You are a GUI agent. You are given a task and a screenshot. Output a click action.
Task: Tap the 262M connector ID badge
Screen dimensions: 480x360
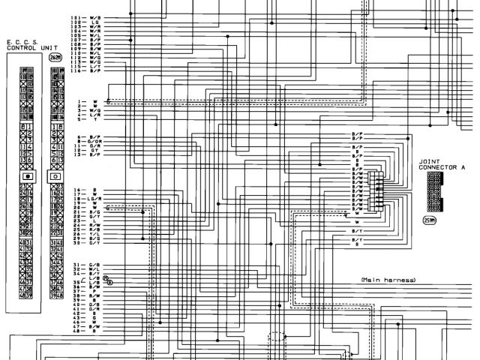[x=55, y=57]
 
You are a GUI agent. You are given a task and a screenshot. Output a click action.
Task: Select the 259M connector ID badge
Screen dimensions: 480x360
[x=430, y=220]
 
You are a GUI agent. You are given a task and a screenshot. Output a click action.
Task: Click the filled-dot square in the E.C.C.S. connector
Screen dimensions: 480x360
[x=27, y=175]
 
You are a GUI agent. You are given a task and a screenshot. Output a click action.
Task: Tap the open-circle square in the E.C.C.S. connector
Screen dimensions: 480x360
[x=55, y=175]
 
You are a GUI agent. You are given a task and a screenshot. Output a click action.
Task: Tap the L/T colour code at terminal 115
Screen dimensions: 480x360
[x=94, y=67]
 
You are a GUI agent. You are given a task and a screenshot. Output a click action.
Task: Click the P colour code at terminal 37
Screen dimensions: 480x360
[x=94, y=291]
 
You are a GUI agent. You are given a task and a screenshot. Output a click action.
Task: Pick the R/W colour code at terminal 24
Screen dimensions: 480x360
[x=94, y=223]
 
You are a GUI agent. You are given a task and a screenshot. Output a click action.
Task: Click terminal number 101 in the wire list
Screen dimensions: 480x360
[x=76, y=17]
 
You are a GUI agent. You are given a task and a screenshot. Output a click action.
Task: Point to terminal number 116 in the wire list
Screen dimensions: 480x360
[x=76, y=72]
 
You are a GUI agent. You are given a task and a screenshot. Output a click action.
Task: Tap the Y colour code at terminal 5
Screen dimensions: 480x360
[x=94, y=119]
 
